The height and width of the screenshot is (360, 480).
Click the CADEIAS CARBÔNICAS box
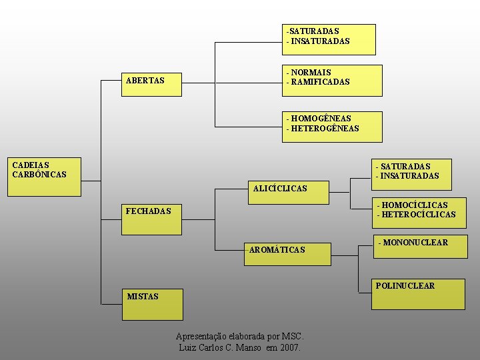click(x=44, y=177)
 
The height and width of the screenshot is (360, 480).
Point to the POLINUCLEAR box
click(x=417, y=294)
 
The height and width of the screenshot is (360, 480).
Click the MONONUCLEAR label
click(x=415, y=243)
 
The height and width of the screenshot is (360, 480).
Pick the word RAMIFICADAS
click(x=320, y=82)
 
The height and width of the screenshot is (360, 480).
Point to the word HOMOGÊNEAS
click(x=321, y=119)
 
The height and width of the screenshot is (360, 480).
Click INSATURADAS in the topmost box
click(x=320, y=41)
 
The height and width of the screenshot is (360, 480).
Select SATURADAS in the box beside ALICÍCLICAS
click(x=405, y=166)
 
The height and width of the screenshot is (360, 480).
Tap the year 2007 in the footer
click(x=290, y=348)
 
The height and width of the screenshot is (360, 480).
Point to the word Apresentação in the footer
click(x=201, y=336)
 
